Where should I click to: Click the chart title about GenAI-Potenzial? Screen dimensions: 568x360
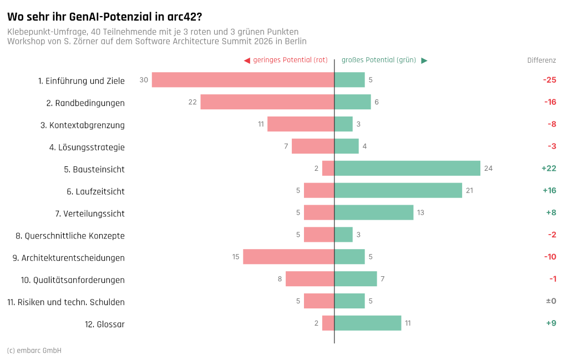click(105, 17)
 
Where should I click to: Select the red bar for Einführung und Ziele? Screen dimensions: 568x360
click(243, 80)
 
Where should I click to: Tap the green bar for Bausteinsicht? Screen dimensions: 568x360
click(407, 168)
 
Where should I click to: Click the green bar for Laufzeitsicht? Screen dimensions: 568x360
click(398, 190)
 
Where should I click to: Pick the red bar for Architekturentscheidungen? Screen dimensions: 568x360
click(288, 256)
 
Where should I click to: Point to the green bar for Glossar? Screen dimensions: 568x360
click(368, 323)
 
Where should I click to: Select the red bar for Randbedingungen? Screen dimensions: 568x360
click(267, 102)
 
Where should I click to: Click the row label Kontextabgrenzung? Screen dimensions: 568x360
click(83, 125)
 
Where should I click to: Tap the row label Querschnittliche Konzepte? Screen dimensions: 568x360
click(70, 236)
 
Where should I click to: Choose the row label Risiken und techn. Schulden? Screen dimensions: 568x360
click(66, 302)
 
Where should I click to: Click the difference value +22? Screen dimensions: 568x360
click(549, 168)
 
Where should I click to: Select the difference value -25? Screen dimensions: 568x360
click(550, 80)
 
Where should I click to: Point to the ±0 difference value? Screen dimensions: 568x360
click(551, 301)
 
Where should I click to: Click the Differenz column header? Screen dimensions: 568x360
click(541, 60)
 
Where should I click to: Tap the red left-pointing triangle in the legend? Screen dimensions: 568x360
click(247, 60)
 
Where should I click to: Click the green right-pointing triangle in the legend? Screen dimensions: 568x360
click(424, 60)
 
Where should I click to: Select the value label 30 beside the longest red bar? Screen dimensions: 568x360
click(144, 80)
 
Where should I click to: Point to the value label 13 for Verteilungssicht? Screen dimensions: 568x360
click(420, 212)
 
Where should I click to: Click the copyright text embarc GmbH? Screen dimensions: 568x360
click(34, 350)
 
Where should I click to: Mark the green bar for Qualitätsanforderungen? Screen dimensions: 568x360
click(356, 278)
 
